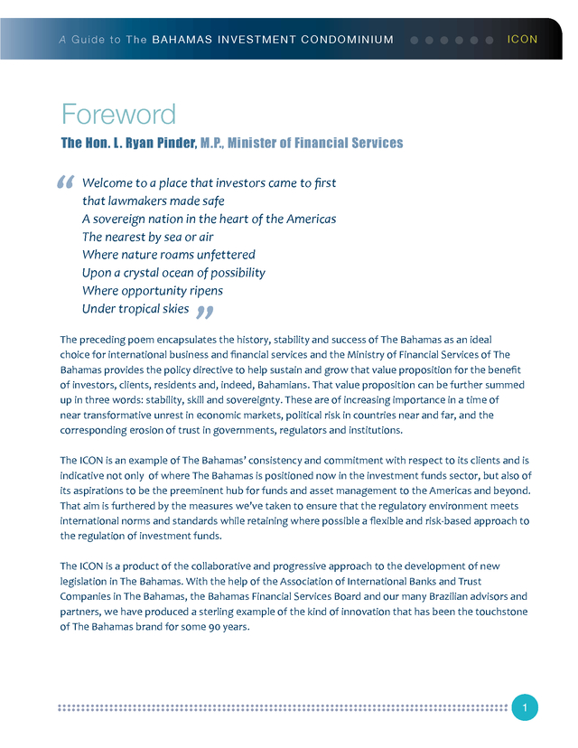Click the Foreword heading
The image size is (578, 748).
click(x=118, y=115)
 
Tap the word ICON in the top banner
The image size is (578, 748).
click(x=523, y=40)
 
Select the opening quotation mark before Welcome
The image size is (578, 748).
click(x=65, y=184)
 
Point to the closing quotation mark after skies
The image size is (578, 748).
click(x=204, y=312)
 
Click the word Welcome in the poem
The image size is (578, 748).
click(x=109, y=183)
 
